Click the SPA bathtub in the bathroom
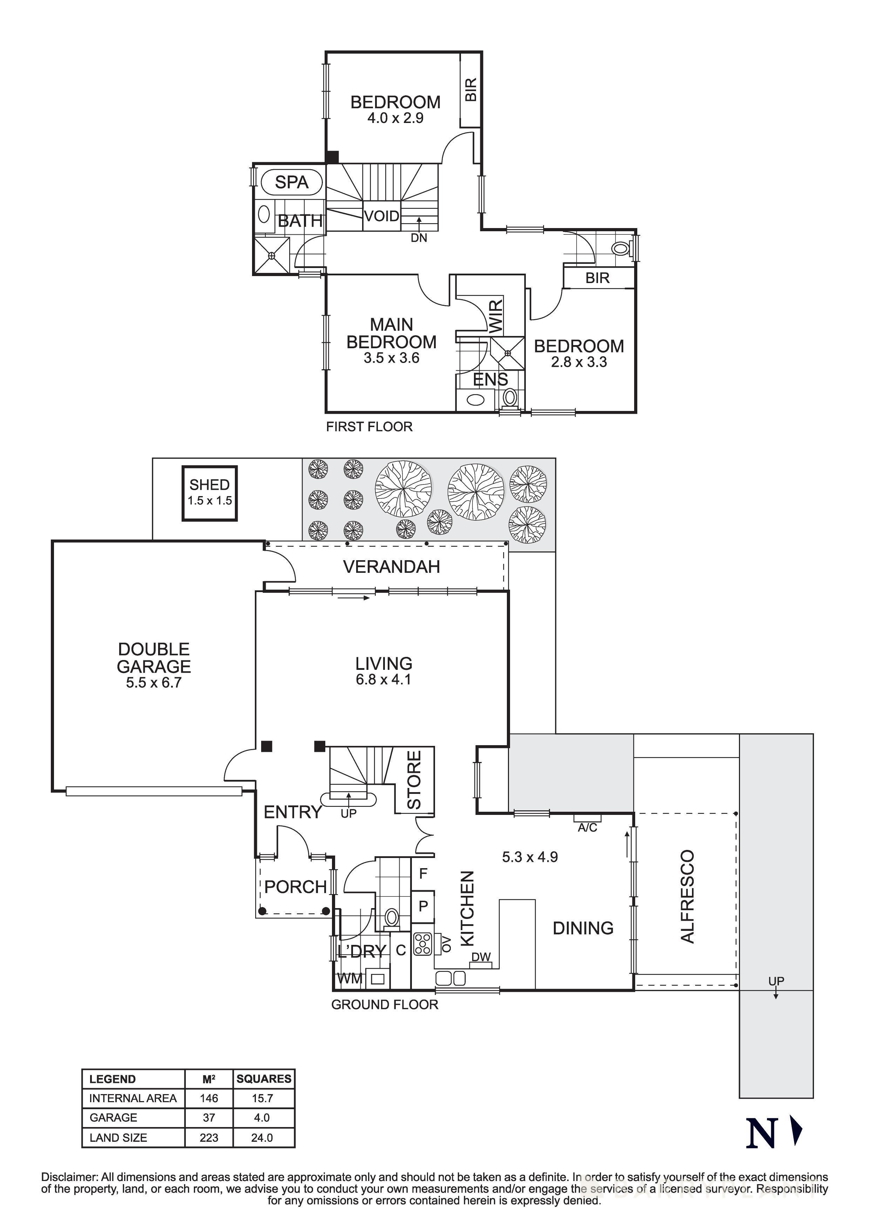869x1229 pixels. pos(292,183)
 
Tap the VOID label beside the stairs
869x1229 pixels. pos(381,216)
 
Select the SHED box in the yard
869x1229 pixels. pos(209,493)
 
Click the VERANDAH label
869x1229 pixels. pos(392,567)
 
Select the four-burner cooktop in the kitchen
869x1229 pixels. pos(422,944)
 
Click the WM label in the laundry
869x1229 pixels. pos(349,979)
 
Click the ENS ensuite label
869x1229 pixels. pos(490,379)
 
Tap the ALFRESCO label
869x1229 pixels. pos(687,896)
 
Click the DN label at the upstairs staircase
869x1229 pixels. pos(419,238)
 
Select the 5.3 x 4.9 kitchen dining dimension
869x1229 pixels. pos(530,857)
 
